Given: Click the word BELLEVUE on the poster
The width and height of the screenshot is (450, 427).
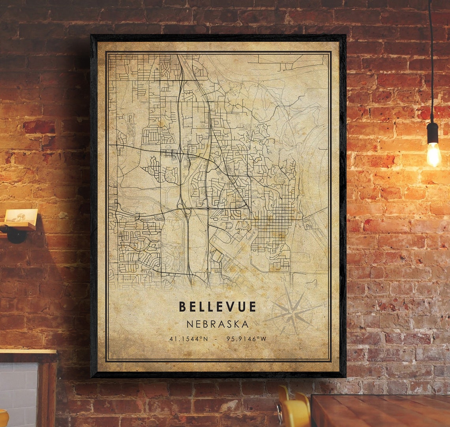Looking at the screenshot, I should point(217,307).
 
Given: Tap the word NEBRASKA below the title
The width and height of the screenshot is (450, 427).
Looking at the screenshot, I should point(217,324).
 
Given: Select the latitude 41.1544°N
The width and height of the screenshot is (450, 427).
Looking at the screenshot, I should point(188,339).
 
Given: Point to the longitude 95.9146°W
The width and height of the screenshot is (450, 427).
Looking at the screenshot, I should point(247,339).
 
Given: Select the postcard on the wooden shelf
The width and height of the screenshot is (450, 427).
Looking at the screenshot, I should point(21,216).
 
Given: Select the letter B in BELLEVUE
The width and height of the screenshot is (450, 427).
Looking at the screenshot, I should point(183,307).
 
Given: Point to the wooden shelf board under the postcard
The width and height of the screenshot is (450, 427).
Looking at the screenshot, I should point(18,226).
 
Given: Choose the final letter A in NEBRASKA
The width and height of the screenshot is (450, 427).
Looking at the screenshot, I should point(245,324).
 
